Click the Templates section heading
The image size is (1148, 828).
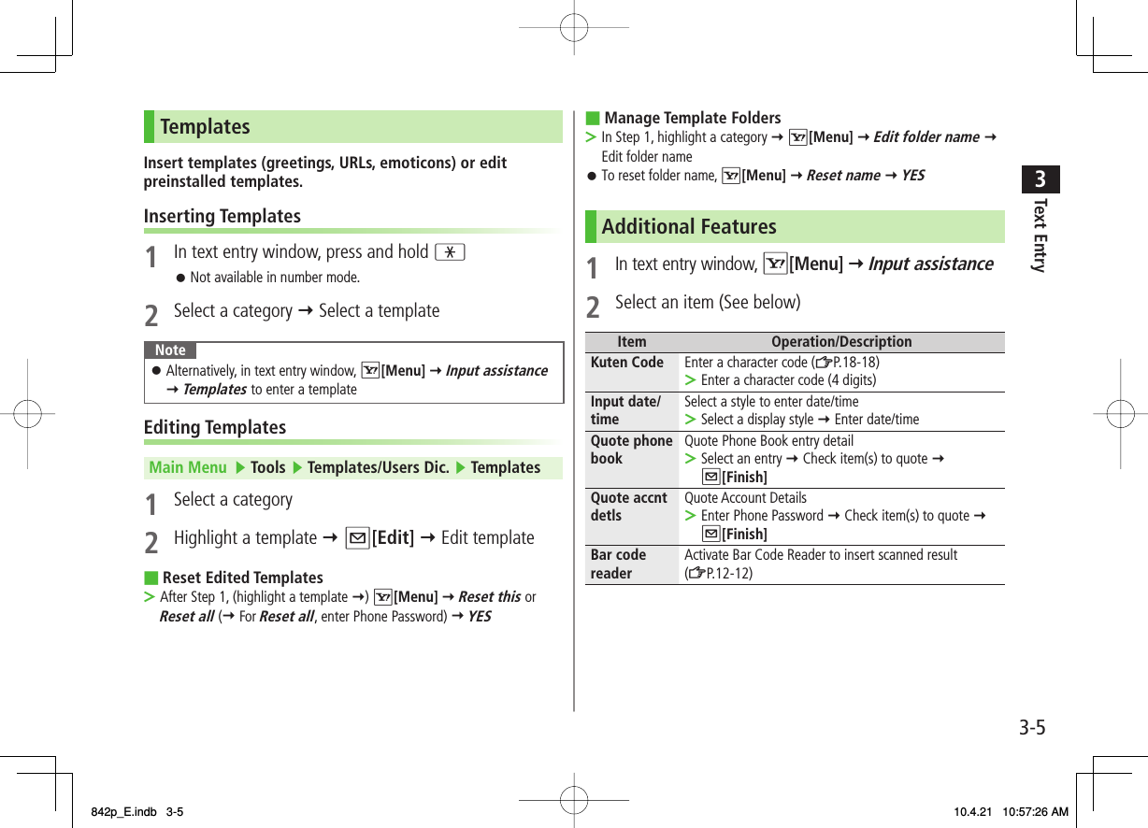click(x=205, y=126)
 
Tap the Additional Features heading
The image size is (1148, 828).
click(x=689, y=226)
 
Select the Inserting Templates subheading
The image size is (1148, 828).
click(x=222, y=216)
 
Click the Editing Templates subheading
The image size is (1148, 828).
click(x=215, y=427)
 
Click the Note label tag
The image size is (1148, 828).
click(x=170, y=350)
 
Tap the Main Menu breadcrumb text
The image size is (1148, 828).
click(x=188, y=467)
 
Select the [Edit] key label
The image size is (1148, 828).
click(x=394, y=537)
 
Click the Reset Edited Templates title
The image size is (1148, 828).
click(x=242, y=578)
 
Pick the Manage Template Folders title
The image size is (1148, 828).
click(x=692, y=118)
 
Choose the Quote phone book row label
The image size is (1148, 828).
click(x=632, y=450)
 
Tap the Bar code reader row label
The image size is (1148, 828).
click(x=618, y=564)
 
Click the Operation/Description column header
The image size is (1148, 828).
click(x=841, y=342)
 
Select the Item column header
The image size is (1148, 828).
click(x=632, y=342)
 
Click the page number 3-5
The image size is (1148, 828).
click(x=1032, y=727)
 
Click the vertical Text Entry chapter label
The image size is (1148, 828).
click(x=1039, y=235)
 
